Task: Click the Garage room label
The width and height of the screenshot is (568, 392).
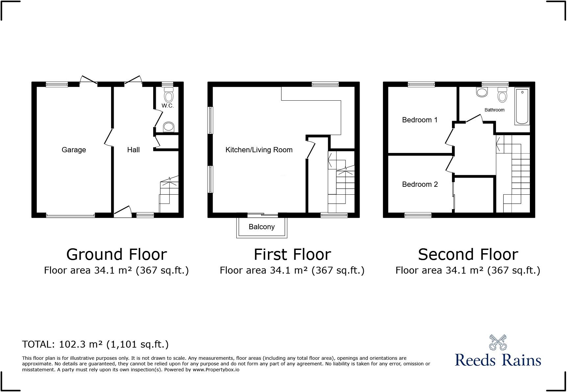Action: [x=74, y=150]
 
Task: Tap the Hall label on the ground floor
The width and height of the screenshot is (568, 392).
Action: [x=133, y=150]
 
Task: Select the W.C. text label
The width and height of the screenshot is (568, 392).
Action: [x=168, y=106]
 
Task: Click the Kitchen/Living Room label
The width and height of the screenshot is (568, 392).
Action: [x=259, y=150]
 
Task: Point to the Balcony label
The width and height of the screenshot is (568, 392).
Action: [x=262, y=227]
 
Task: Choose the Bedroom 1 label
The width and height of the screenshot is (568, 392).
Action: [x=420, y=120]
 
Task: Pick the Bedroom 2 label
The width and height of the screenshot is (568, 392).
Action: [x=420, y=184]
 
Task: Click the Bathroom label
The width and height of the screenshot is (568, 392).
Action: [x=494, y=110]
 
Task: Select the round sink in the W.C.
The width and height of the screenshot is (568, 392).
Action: [x=169, y=127]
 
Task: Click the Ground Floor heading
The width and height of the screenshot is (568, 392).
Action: [x=117, y=255]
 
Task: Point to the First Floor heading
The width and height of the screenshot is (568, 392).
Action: [x=292, y=255]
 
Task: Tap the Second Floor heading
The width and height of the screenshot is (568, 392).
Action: [x=468, y=255]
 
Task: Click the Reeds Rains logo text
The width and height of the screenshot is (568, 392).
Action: [x=498, y=360]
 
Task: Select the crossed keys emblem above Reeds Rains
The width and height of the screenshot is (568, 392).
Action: [x=498, y=342]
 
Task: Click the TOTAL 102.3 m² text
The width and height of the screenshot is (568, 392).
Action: [x=95, y=344]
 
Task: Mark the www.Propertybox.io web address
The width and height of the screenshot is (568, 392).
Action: [x=216, y=370]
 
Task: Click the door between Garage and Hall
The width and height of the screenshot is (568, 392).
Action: [x=108, y=137]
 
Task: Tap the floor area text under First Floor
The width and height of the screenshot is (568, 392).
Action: [x=292, y=270]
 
